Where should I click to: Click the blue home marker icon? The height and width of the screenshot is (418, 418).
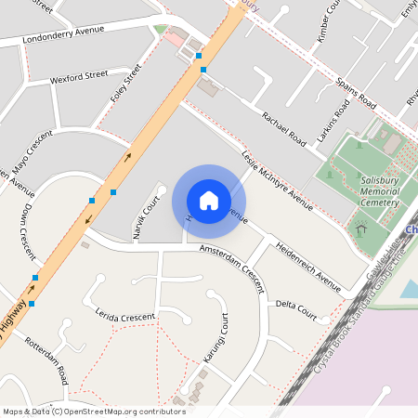click(x=209, y=200)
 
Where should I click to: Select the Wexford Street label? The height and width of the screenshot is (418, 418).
click(x=79, y=73)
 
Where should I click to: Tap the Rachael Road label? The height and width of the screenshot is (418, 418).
click(x=284, y=129)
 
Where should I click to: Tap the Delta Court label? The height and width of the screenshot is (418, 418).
click(x=298, y=304)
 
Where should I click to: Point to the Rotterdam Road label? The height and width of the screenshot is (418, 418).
click(x=47, y=360)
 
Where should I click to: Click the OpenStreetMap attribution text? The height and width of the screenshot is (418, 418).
click(x=93, y=411)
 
